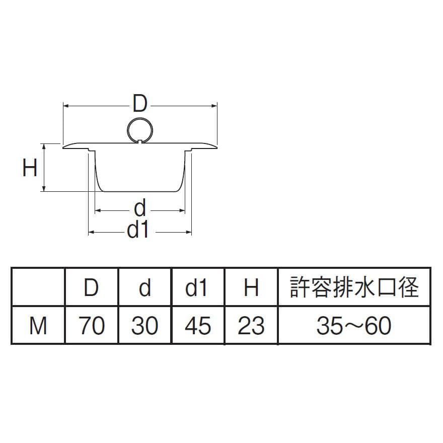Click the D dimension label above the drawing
(139, 105)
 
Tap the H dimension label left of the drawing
(30, 168)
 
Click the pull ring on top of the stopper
(139, 129)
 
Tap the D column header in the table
(91, 287)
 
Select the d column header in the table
(145, 287)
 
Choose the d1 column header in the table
(198, 287)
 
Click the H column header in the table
(251, 287)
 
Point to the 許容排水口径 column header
(354, 287)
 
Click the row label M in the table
(38, 326)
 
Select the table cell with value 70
(91, 326)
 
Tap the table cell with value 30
(145, 326)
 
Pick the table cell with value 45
(198, 326)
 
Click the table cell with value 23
(251, 326)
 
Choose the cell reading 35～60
(354, 326)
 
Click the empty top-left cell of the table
(38, 287)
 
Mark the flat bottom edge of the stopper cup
(140, 191)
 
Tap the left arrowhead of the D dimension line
(65, 105)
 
